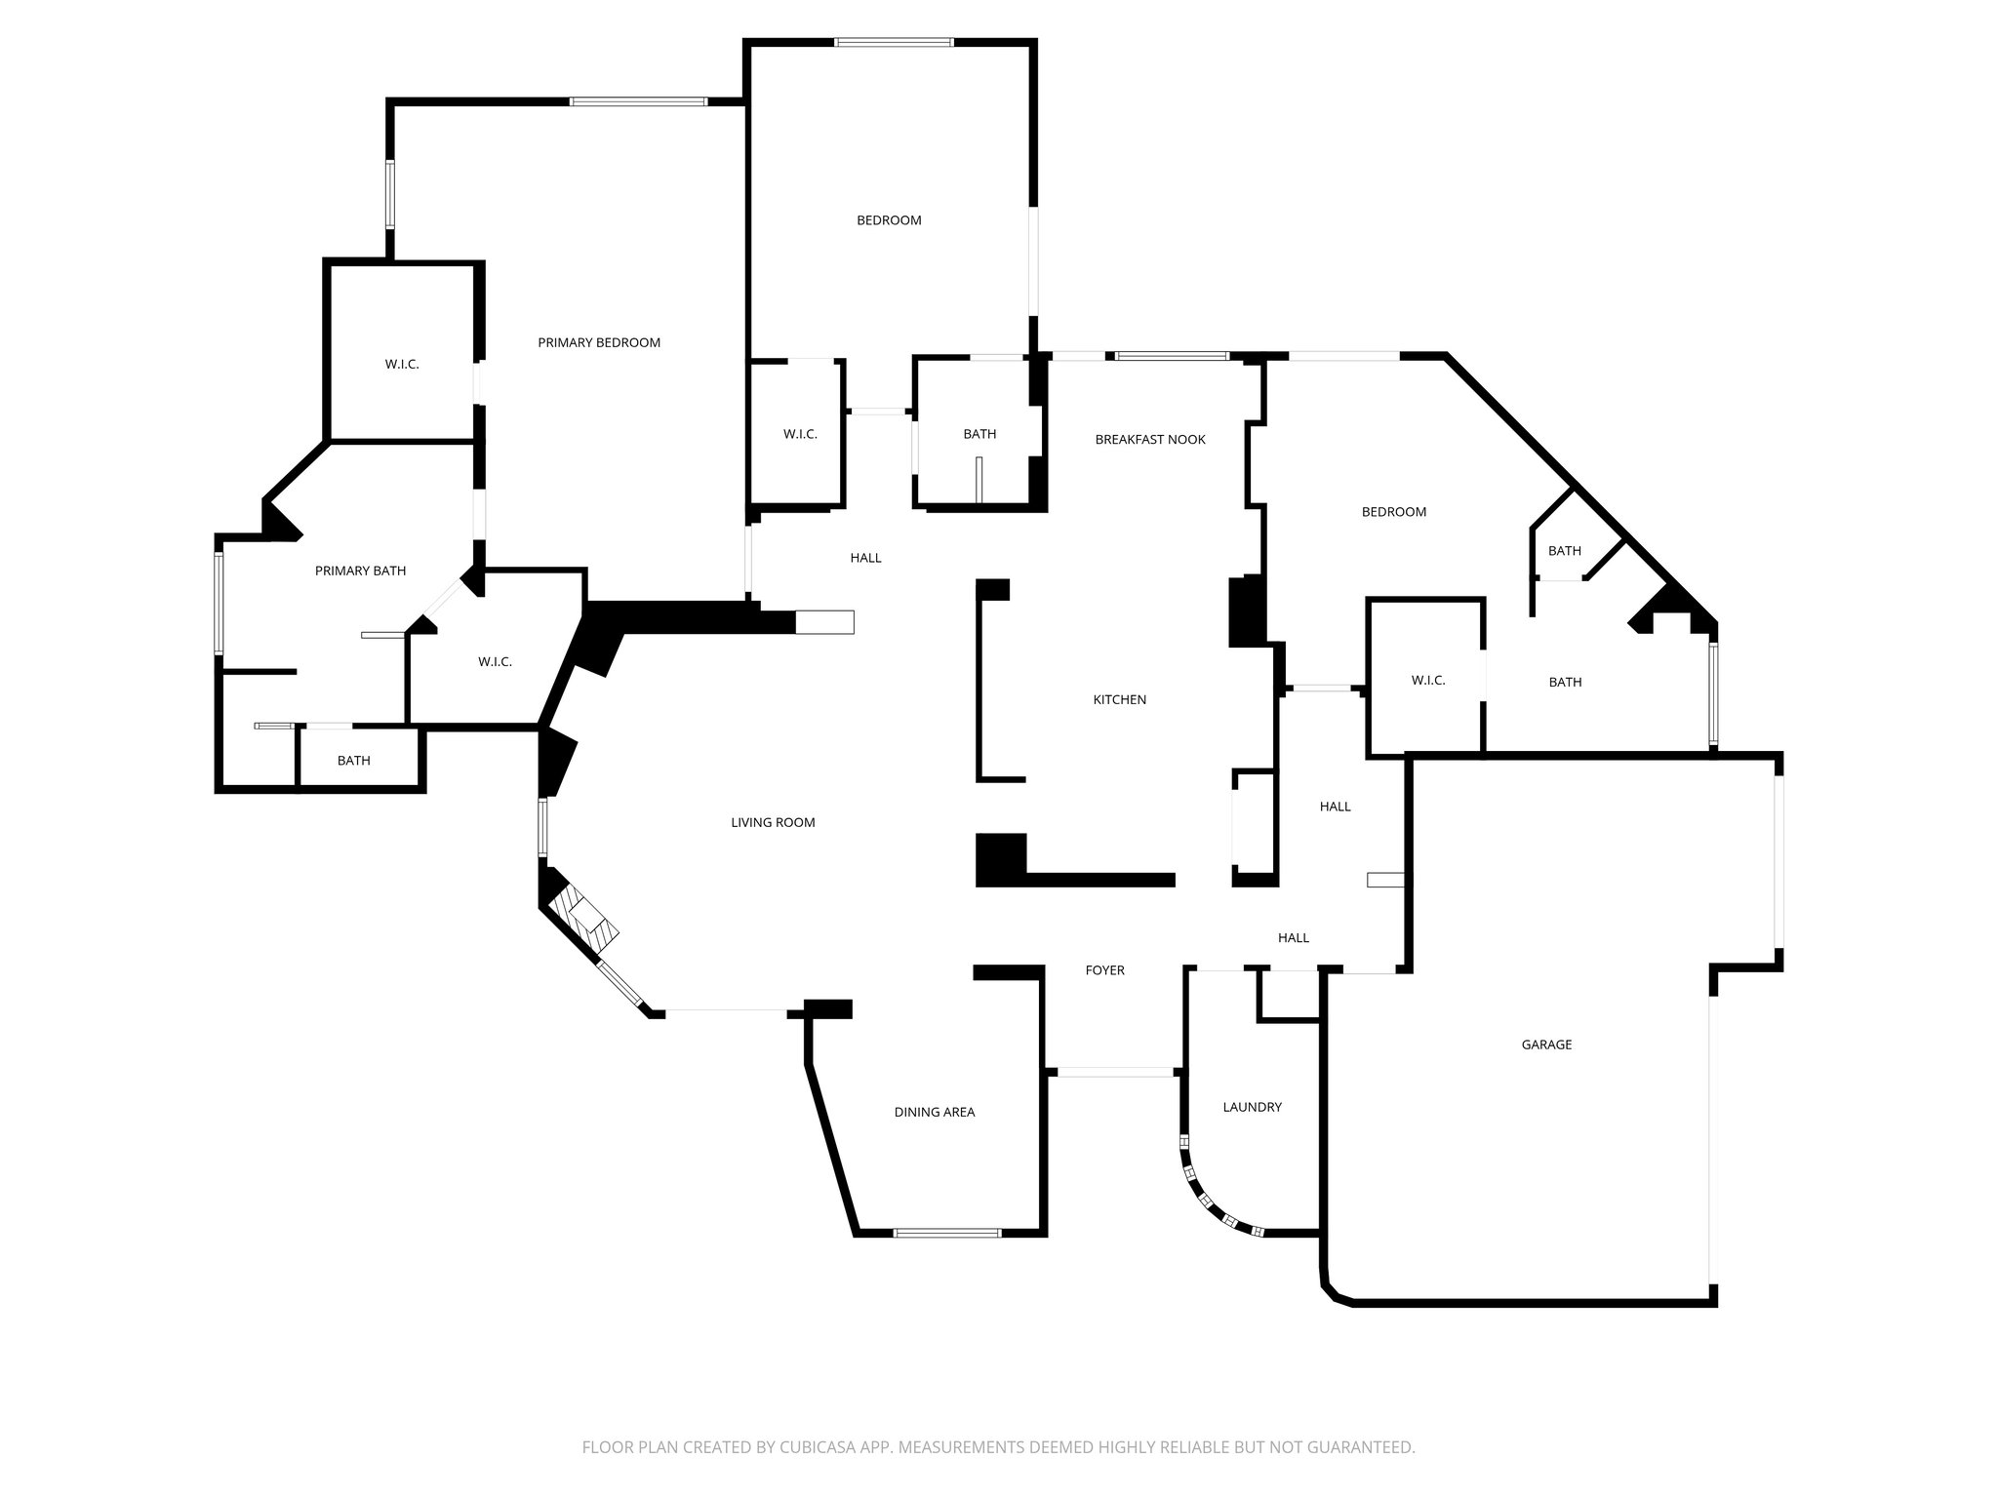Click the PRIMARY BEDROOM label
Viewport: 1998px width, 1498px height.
point(599,342)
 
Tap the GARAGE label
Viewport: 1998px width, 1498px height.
point(1546,1045)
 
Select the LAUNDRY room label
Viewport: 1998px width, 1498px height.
point(1252,1107)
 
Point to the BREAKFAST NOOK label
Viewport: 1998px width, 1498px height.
point(1150,440)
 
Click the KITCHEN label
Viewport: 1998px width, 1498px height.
point(1119,699)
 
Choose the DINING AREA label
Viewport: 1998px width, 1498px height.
point(934,1112)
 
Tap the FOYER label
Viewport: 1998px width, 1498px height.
point(1104,970)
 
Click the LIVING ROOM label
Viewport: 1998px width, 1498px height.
point(773,822)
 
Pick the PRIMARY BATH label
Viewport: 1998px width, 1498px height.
point(360,571)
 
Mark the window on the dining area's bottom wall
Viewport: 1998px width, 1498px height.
point(946,1233)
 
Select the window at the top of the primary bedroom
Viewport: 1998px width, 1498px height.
point(638,101)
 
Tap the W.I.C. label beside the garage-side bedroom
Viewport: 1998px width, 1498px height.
point(1427,680)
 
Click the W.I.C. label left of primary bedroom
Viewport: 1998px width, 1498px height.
point(402,364)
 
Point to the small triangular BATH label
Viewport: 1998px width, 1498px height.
point(1564,551)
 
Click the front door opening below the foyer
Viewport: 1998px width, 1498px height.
point(1115,1072)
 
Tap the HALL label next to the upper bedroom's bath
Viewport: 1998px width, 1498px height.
point(865,558)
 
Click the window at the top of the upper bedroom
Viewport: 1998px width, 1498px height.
point(894,42)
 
